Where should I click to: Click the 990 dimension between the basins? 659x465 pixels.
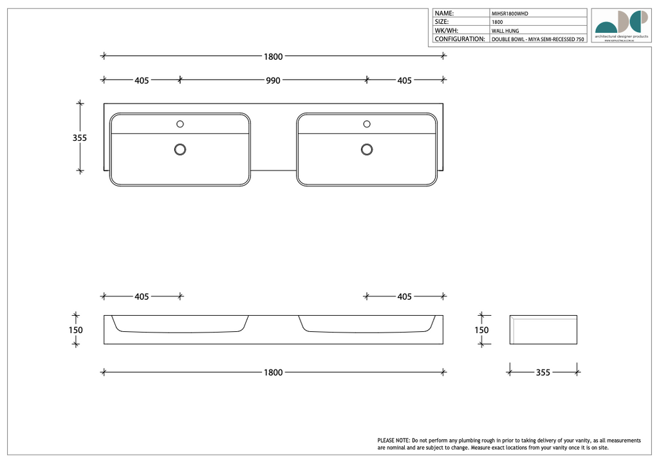coord(273,80)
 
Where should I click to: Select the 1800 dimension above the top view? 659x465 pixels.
coord(273,57)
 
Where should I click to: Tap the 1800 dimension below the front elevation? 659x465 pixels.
coord(273,372)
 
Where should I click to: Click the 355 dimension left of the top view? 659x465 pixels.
coord(79,138)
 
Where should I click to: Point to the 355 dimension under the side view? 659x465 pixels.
coord(543,372)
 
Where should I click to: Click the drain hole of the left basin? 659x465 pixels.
coord(180,149)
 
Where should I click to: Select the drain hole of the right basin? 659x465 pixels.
coord(367,149)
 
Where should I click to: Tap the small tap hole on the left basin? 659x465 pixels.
coord(180,123)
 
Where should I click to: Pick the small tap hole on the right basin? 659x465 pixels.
coord(367,123)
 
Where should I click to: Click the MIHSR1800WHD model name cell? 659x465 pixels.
coord(510,14)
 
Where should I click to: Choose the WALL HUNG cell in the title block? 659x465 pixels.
coord(505,31)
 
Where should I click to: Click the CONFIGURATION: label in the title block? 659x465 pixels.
coord(459,39)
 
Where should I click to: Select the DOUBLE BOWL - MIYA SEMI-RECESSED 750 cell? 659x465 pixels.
coord(537,40)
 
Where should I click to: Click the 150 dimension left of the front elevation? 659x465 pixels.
coord(76,330)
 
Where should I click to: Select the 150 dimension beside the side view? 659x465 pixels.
coord(481,330)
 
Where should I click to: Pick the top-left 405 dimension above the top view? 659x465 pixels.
coord(142,80)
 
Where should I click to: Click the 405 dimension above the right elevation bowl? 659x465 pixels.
coord(404,296)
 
